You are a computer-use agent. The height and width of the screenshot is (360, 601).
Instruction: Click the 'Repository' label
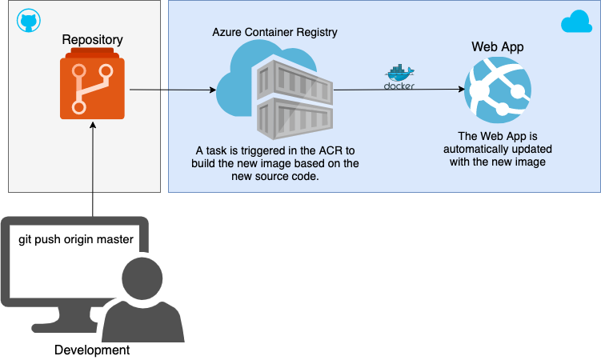[92, 38]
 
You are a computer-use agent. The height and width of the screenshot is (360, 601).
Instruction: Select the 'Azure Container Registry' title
[274, 33]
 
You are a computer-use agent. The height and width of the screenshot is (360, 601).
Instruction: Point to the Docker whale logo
[399, 73]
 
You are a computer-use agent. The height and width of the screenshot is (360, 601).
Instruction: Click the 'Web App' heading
[497, 47]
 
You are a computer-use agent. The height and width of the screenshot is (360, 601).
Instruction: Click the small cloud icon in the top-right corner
[576, 22]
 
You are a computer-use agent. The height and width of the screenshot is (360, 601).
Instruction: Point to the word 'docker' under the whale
[399, 86]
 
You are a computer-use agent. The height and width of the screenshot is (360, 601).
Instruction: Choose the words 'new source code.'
[274, 176]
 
